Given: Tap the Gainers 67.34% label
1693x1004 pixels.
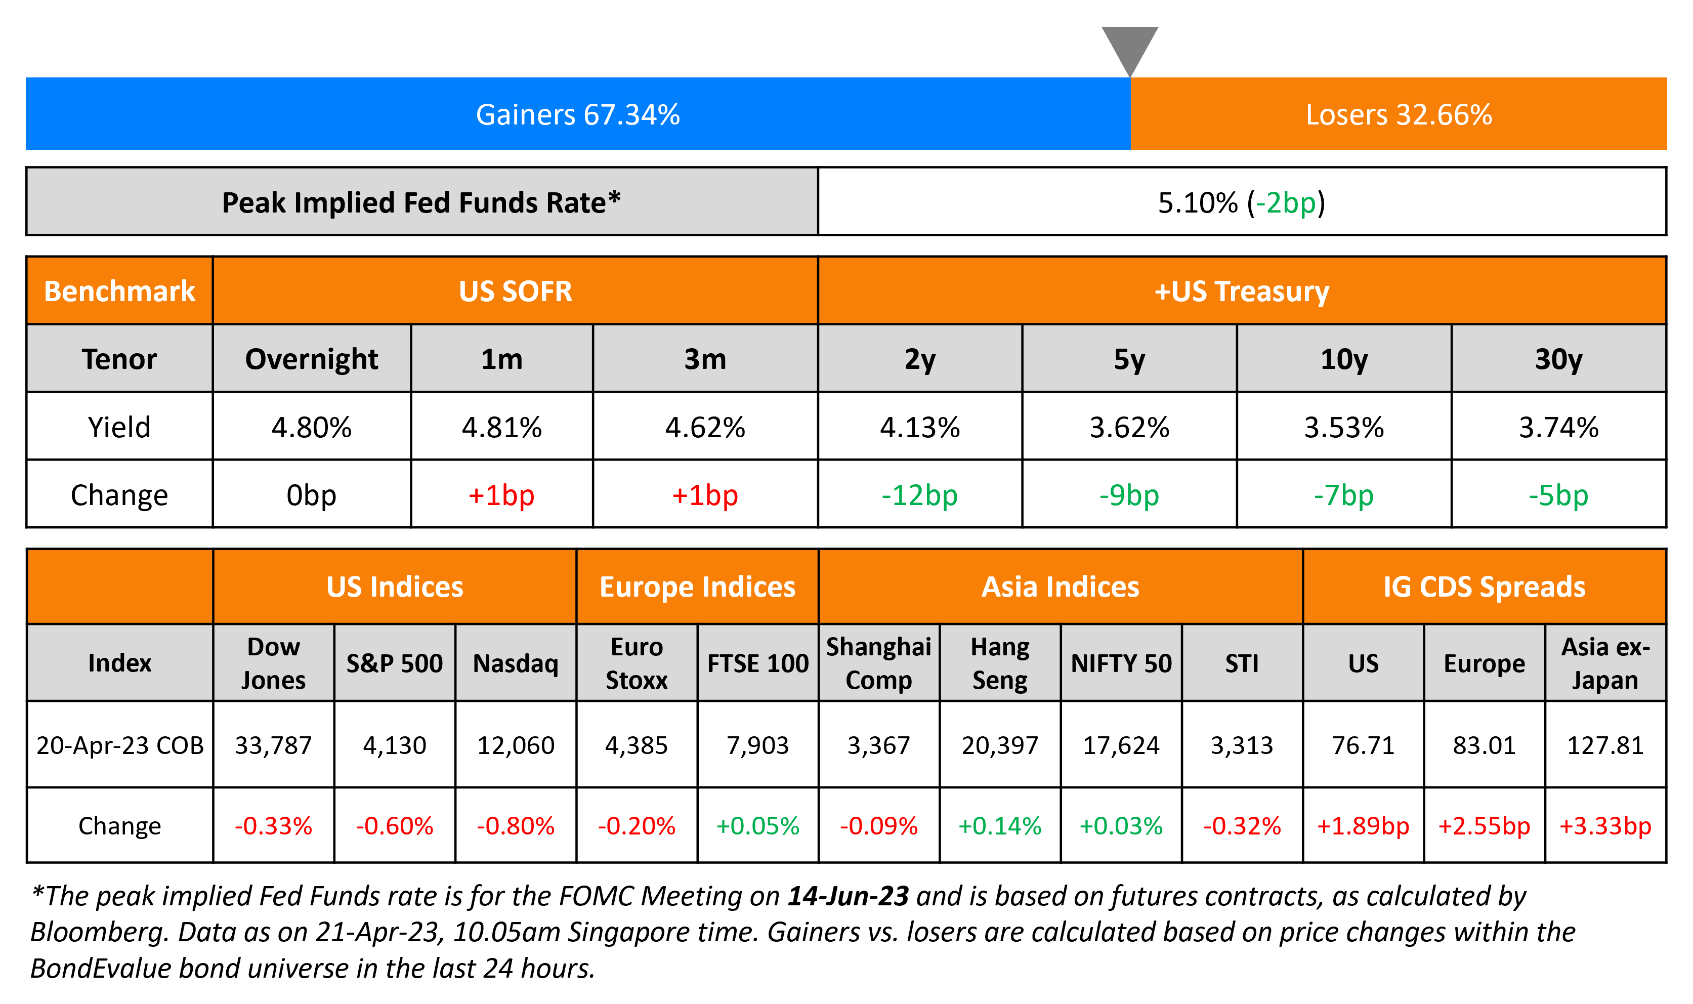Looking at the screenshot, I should [x=578, y=114].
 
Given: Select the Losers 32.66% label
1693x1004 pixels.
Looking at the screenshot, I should [x=1398, y=114].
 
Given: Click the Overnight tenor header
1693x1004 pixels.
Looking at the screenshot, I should [x=311, y=359].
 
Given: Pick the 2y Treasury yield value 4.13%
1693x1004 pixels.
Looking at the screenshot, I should [x=919, y=428].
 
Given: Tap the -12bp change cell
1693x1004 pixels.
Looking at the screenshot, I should [x=919, y=495].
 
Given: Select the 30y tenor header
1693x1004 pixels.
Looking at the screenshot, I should [x=1558, y=359].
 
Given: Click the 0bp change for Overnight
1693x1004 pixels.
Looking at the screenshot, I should [x=311, y=495].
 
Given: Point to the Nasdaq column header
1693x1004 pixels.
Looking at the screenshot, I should [x=516, y=663].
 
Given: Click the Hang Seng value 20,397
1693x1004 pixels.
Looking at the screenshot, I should [x=1000, y=745].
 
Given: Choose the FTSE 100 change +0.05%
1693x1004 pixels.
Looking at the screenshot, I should [x=757, y=825].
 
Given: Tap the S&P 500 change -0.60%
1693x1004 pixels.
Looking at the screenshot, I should [x=394, y=825].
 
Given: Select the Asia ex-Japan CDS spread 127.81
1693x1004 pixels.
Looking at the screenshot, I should [x=1605, y=745].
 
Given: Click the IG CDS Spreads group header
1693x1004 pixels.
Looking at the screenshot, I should [x=1484, y=587].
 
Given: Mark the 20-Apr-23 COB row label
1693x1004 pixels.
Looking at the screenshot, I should [x=120, y=745].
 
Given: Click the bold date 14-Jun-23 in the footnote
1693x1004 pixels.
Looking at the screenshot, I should [x=848, y=896].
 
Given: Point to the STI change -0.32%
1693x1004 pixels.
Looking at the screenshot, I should [x=1242, y=825].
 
